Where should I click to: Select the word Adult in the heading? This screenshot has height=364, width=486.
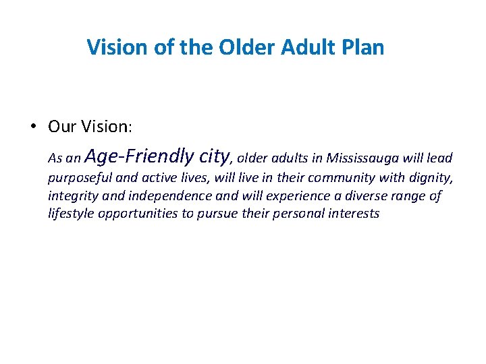(303, 48)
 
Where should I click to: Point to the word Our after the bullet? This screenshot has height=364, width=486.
(61, 127)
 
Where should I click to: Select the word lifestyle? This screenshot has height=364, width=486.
(72, 214)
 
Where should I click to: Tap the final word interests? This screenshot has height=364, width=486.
(355, 214)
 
